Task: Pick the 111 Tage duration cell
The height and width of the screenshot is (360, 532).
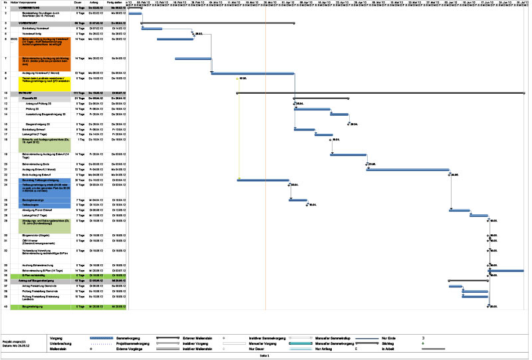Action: coord(78,92)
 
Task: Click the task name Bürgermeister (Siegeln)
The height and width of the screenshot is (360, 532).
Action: coord(37,235)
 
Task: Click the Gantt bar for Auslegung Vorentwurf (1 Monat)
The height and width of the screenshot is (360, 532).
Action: coord(252,73)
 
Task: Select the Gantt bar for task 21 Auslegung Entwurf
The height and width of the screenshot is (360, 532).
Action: coord(408,169)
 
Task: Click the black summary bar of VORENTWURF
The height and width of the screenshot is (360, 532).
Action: coord(217,23)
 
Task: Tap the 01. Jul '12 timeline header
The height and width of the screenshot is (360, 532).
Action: coord(522,3)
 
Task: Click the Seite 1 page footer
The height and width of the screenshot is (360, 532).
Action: coord(263,356)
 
